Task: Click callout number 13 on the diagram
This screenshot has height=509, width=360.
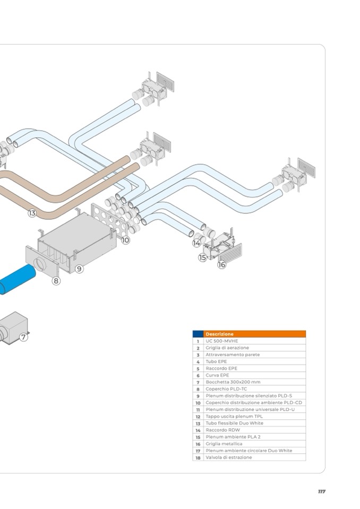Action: click(32, 213)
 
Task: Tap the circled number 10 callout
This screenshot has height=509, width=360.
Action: click(125, 240)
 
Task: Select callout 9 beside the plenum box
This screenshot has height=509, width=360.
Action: click(79, 269)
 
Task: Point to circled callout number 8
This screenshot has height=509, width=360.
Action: click(56, 281)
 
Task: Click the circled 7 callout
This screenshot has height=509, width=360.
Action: click(24, 337)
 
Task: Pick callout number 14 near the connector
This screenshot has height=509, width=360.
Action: click(197, 243)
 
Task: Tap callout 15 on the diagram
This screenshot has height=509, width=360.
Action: click(203, 257)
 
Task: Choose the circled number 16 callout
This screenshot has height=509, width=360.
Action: click(221, 264)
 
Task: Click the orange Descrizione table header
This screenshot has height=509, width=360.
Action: click(254, 334)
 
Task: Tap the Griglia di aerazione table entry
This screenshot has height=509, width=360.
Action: click(227, 348)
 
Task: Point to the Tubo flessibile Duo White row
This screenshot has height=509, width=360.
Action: click(234, 423)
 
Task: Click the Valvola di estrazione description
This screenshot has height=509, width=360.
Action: click(229, 457)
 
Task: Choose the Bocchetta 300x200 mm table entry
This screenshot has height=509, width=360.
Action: click(233, 382)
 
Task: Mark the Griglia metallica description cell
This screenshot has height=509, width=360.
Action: click(224, 443)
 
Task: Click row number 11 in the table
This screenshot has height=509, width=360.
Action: click(198, 409)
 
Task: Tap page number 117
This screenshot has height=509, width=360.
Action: click(321, 491)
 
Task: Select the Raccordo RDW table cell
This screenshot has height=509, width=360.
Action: click(223, 430)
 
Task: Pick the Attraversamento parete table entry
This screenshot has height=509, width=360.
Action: click(233, 355)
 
